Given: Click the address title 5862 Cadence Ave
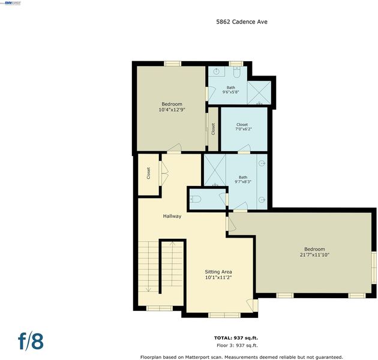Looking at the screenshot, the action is point(242,22).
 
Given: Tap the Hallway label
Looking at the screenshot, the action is point(172,216).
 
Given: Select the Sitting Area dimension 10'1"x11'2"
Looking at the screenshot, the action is point(218,277).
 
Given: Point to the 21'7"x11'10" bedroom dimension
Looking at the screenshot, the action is point(314,254).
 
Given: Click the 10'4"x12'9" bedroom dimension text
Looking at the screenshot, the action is point(172,109).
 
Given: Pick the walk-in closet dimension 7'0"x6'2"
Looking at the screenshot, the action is point(244,129).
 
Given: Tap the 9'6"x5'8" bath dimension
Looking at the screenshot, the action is point(231,92).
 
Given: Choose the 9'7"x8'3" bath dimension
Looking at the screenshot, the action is point(243,182).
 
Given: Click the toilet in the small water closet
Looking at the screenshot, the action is point(196,199).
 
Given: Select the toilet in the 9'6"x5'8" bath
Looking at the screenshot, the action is point(236,73).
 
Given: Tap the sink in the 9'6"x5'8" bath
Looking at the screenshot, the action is point(217,71).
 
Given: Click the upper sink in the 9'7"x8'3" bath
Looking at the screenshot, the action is point(262,163).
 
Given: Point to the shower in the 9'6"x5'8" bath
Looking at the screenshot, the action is point(259,92).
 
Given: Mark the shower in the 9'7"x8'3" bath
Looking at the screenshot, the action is point(215,170).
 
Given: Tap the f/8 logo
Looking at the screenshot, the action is point(31,341).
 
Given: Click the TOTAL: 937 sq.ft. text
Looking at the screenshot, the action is point(236,338).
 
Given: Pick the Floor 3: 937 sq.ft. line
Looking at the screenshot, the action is point(237,345).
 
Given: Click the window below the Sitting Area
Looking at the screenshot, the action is point(224,315).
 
